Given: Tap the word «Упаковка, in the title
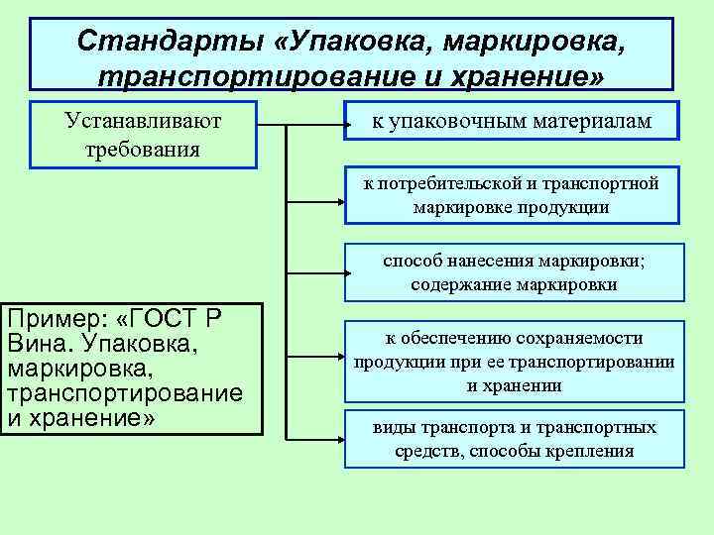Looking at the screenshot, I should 355,42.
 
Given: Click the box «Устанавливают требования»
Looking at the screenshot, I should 143,134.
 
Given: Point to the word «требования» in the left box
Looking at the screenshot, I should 143,149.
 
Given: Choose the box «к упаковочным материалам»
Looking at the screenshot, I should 512,121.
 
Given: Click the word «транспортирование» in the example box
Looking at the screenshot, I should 124,394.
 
